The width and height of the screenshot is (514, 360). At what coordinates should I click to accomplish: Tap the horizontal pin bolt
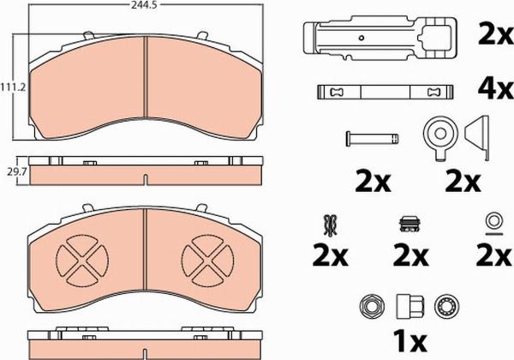click(372, 136)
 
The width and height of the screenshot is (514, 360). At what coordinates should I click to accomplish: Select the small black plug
click(408, 225)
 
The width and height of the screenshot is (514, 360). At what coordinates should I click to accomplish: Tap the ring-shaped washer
click(493, 222)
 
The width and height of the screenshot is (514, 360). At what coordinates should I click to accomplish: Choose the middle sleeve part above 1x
click(406, 305)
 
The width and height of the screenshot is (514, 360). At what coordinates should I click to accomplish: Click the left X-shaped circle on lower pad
click(83, 262)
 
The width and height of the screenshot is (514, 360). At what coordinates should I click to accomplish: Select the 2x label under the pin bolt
click(373, 181)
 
